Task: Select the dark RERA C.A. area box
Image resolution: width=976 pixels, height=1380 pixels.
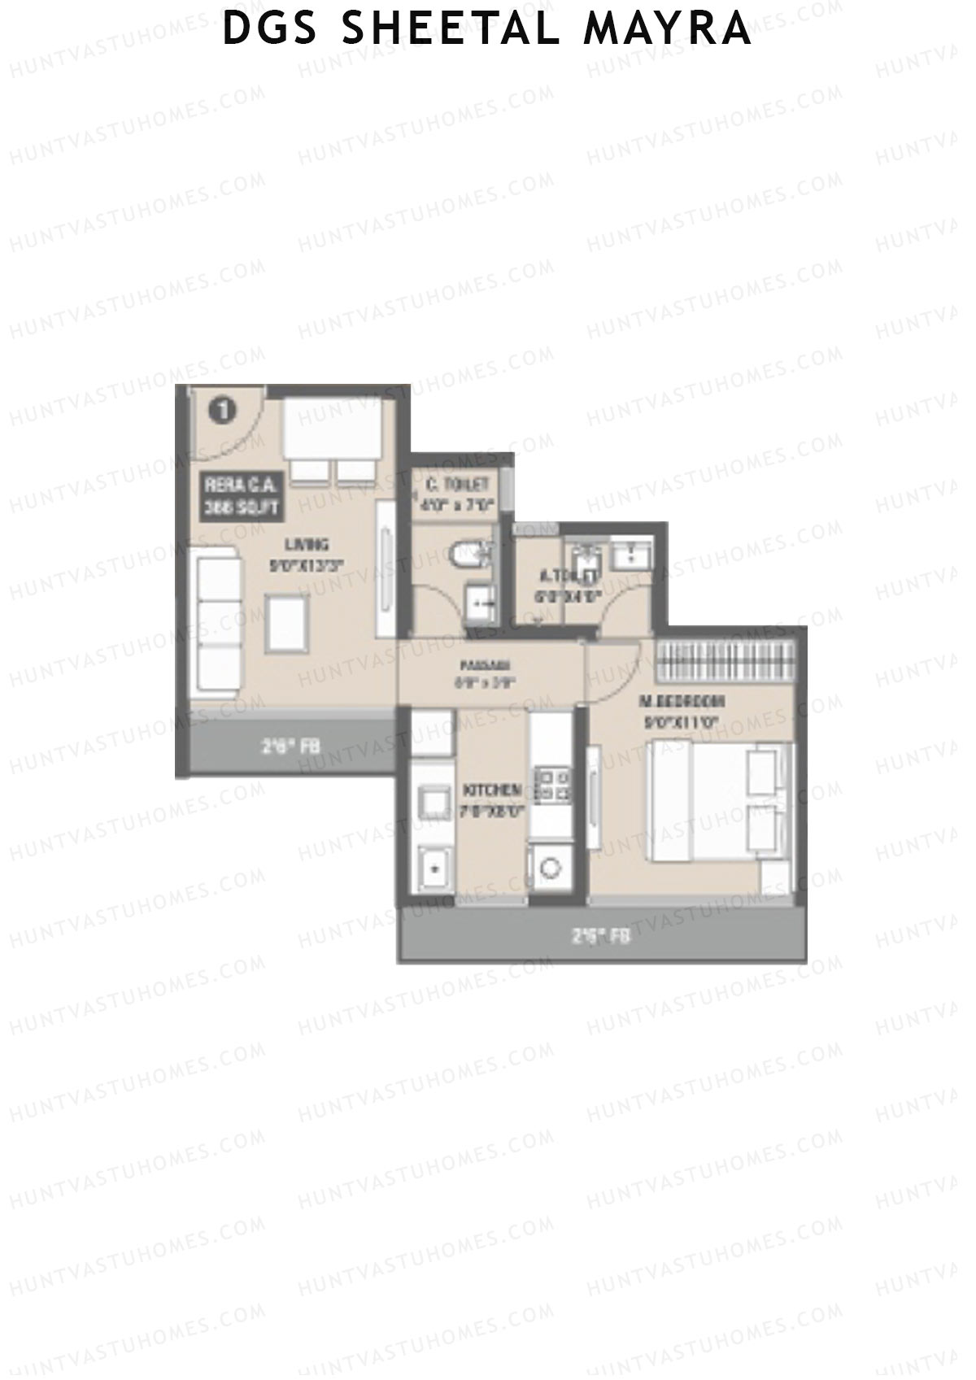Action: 242,497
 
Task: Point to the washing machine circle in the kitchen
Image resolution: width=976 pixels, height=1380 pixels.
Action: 551,867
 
